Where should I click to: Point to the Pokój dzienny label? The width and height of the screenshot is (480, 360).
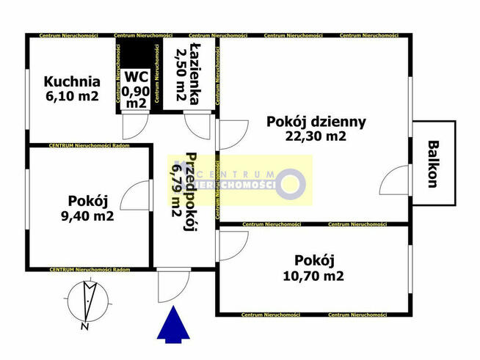pyautogui.click(x=316, y=121)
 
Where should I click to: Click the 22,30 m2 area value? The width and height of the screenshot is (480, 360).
pyautogui.click(x=316, y=136)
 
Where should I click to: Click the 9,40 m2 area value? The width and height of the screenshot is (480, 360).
pyautogui.click(x=87, y=216)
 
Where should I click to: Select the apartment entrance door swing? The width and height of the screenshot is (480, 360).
pyautogui.click(x=170, y=285)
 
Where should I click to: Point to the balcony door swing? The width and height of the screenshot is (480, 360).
pyautogui.click(x=396, y=178)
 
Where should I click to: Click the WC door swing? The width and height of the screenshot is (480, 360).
pyautogui.click(x=135, y=125)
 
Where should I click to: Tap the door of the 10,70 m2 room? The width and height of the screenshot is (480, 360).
pyautogui.click(x=233, y=245)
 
